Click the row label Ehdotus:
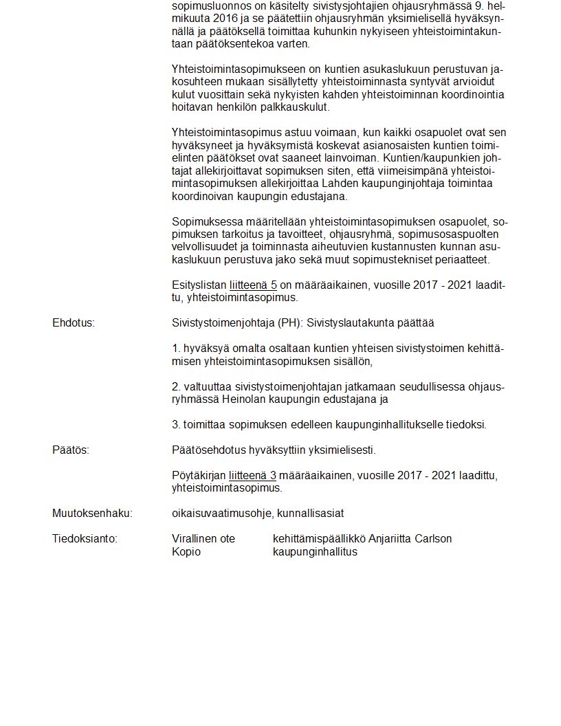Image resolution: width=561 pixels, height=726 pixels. pos(74,323)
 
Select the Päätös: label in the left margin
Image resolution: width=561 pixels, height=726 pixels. pos(71,450)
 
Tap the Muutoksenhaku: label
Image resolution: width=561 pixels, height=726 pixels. pos(92,514)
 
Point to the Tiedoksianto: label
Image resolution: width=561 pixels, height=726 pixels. pos(85,539)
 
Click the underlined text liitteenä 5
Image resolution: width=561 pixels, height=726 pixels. pos(253,285)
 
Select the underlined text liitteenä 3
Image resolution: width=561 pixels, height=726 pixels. pos(253,476)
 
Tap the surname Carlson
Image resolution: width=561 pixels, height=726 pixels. pos(433,539)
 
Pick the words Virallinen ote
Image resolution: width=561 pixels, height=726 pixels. pos(203,539)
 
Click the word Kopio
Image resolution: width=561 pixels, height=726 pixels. pos(186,552)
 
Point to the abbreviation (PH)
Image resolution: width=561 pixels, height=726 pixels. pos(289,323)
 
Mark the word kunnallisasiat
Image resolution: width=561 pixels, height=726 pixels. pos(311,514)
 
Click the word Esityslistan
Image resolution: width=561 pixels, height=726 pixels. pos(199,285)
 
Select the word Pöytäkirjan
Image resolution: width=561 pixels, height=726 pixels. pos(199,476)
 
